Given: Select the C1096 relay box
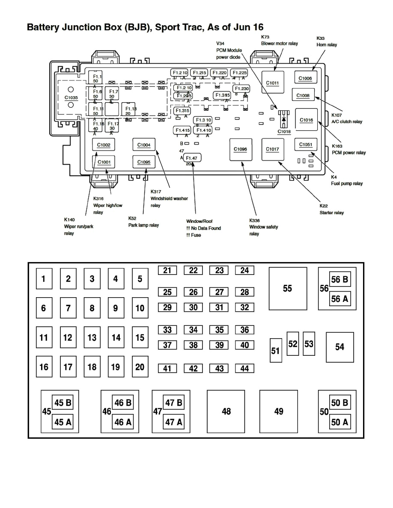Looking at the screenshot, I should [x=241, y=149].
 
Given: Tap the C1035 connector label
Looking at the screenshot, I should [x=71, y=97].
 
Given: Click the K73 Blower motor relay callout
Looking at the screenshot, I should [x=279, y=40].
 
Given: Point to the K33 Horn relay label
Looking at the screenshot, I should [x=326, y=41].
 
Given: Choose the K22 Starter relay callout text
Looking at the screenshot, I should [x=331, y=209].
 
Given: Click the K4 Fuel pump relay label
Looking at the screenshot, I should [x=347, y=180].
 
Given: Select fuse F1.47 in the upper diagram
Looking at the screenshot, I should [x=192, y=158].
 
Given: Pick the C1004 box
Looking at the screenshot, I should [x=144, y=145].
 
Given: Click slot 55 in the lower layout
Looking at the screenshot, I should [x=287, y=289].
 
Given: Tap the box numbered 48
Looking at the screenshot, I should [x=226, y=411].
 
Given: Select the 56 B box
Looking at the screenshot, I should [x=339, y=280].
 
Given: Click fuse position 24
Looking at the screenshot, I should [x=244, y=270].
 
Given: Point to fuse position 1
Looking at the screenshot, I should [x=44, y=279].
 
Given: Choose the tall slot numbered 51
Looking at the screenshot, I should [x=276, y=350].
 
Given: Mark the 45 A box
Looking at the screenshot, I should [x=63, y=422].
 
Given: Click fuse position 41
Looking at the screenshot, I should [x=167, y=368].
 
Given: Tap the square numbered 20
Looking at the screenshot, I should [x=140, y=367].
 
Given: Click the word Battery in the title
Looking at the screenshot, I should [x=45, y=27].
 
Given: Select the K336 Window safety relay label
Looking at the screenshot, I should [x=263, y=227].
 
